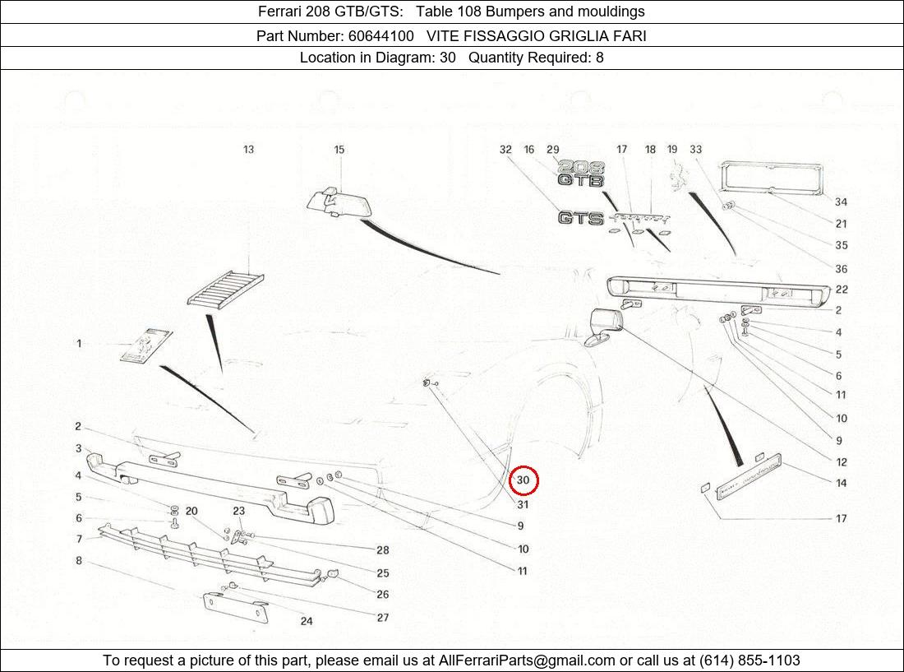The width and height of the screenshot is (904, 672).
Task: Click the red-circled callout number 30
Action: [523, 481]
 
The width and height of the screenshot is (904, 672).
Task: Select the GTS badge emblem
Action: [580, 218]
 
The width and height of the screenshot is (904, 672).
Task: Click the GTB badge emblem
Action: [581, 179]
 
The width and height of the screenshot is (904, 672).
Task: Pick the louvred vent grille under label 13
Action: [225, 290]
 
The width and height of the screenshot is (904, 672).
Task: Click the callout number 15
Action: [339, 150]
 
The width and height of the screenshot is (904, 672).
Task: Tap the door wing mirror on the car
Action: [604, 327]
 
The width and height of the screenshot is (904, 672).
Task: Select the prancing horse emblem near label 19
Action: [678, 177]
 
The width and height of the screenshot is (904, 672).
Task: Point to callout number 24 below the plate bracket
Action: [306, 621]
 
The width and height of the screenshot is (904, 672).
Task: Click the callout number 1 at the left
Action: [79, 343]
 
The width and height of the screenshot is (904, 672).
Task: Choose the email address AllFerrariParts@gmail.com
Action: [527, 660]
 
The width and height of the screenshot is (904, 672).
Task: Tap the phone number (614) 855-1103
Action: [749, 660]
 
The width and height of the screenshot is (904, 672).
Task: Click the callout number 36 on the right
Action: [841, 268]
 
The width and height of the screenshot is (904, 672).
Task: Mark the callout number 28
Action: [382, 550]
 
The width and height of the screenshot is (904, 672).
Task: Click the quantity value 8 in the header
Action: [599, 58]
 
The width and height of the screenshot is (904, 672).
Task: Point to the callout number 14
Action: [841, 483]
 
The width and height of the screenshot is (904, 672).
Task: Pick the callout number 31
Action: [523, 504]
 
